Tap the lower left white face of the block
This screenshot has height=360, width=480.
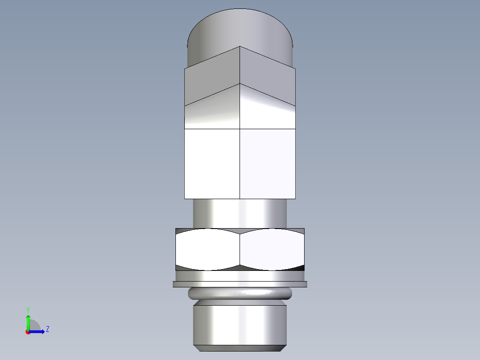click(212, 164)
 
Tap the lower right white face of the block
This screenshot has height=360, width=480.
click(268, 164)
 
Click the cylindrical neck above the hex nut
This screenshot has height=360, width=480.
click(240, 213)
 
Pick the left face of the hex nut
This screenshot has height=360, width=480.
click(207, 250)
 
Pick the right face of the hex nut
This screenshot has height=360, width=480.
click(272, 250)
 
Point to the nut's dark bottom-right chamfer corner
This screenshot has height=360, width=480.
click(301, 268)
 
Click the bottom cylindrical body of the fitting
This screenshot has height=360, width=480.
click(240, 323)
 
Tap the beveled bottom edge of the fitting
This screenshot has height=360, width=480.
click(240, 348)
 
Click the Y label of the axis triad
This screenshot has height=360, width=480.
click(28, 309)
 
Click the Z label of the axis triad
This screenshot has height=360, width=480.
click(47, 330)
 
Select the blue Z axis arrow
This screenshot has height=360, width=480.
click(38, 331)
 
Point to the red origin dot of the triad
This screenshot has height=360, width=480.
click(28, 332)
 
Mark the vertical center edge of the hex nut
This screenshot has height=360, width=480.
click(240, 250)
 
